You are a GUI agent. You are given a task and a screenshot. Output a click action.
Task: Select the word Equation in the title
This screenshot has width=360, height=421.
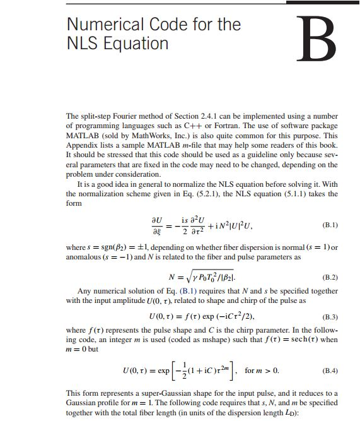coord(138,44)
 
